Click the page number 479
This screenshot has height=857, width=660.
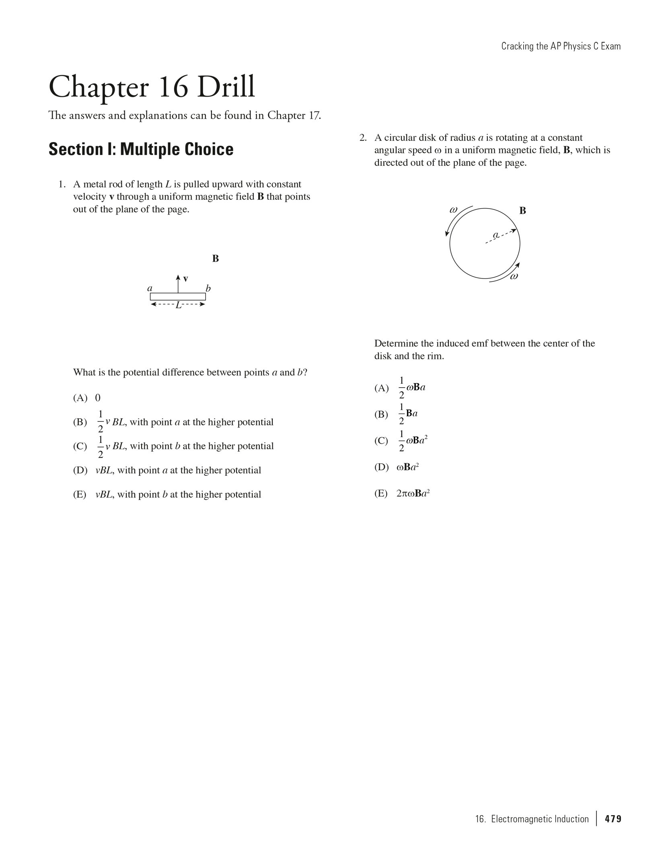point(613,819)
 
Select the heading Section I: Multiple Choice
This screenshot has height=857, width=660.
point(141,149)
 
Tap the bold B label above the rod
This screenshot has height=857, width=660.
point(216,259)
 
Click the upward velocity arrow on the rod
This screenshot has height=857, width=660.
point(178,284)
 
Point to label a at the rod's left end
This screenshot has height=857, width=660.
point(150,288)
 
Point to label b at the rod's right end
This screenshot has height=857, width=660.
point(208,288)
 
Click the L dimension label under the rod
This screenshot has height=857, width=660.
point(178,305)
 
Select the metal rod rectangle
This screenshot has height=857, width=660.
point(178,297)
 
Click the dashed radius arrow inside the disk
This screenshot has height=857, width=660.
point(501,237)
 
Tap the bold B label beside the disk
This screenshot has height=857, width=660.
point(522,211)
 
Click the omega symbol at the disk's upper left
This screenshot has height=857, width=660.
point(453,210)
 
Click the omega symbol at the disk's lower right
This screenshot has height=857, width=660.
point(514,276)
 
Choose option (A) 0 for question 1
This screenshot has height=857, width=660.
point(87,398)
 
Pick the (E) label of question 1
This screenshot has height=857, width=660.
point(80,495)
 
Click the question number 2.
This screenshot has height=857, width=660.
point(363,138)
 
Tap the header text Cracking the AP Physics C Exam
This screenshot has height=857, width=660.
point(561,46)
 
